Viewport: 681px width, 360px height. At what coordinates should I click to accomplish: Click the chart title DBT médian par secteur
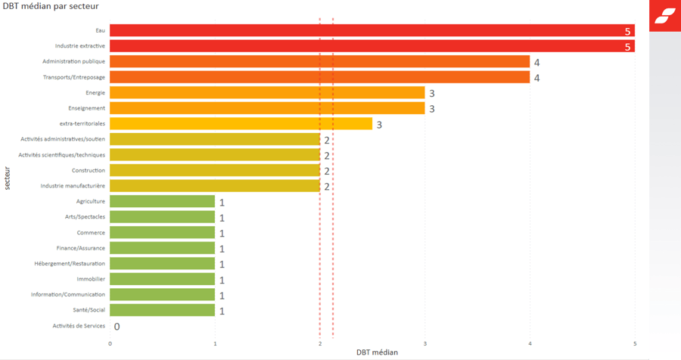click(51, 7)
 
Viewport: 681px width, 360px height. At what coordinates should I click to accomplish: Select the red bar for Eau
click(371, 30)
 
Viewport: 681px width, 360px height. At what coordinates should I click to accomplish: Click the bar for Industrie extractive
click(371, 46)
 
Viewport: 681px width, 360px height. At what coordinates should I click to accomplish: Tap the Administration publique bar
click(319, 61)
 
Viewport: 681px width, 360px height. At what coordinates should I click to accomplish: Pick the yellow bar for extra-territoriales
click(241, 123)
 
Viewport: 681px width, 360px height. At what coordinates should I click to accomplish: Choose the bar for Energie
click(267, 92)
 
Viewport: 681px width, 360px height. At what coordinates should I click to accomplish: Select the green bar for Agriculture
click(162, 201)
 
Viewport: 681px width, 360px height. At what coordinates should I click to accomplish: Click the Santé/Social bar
click(162, 310)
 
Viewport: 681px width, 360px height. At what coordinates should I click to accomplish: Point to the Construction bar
click(215, 170)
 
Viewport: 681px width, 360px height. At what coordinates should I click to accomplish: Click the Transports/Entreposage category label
click(74, 77)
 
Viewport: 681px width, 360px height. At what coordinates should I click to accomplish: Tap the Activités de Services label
click(79, 326)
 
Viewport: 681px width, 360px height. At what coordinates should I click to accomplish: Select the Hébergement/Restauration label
click(70, 263)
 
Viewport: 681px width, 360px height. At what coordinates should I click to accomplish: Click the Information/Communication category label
click(68, 294)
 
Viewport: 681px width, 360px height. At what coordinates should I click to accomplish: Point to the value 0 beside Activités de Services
click(117, 327)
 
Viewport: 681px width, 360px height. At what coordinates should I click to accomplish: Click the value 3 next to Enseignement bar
click(432, 109)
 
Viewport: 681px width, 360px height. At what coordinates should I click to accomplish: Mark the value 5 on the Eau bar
click(627, 31)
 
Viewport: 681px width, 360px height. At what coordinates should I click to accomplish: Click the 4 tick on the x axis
click(530, 344)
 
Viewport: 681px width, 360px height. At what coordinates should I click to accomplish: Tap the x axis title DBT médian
click(377, 352)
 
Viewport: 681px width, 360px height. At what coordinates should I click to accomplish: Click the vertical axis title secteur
click(8, 178)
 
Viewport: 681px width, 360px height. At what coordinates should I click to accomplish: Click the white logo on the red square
click(665, 16)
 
